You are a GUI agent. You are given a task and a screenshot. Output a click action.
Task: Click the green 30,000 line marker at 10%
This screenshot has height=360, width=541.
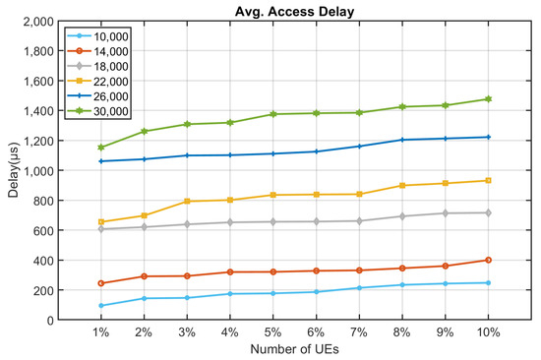[x=489, y=99]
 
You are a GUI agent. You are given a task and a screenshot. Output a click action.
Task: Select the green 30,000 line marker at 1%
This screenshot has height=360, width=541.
[x=102, y=148]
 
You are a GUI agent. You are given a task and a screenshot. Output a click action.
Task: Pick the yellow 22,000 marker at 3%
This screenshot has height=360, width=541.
[x=186, y=202]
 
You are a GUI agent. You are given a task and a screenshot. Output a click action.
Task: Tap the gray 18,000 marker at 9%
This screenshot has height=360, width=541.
[x=446, y=213]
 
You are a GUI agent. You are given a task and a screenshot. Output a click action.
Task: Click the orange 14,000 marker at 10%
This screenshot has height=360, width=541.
[x=489, y=261]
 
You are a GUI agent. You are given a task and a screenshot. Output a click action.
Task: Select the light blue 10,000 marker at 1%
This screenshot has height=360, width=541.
[x=102, y=306]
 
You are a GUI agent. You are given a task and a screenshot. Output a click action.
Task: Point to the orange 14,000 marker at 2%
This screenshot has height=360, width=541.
[x=144, y=276]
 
